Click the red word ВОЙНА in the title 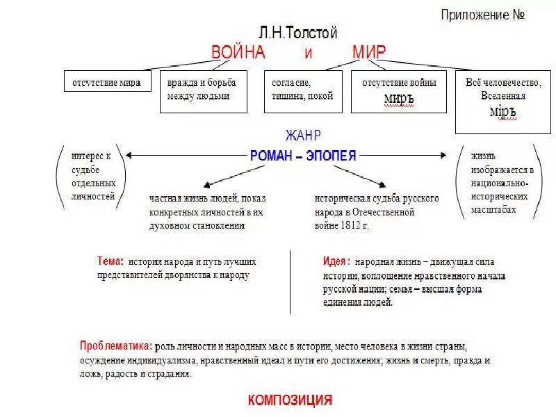(238, 53)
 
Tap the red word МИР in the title (368, 53)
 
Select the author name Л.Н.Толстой (297, 33)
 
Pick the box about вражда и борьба (203, 90)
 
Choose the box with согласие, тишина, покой (303, 90)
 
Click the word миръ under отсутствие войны (399, 99)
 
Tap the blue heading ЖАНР (303, 136)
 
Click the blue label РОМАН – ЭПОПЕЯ (303, 156)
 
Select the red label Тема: (111, 262)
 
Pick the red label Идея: (336, 262)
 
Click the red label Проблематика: (116, 345)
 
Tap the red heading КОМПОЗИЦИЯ (290, 400)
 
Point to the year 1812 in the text (350, 225)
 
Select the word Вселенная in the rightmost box (503, 96)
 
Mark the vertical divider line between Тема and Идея (291, 281)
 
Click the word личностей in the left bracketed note (92, 197)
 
